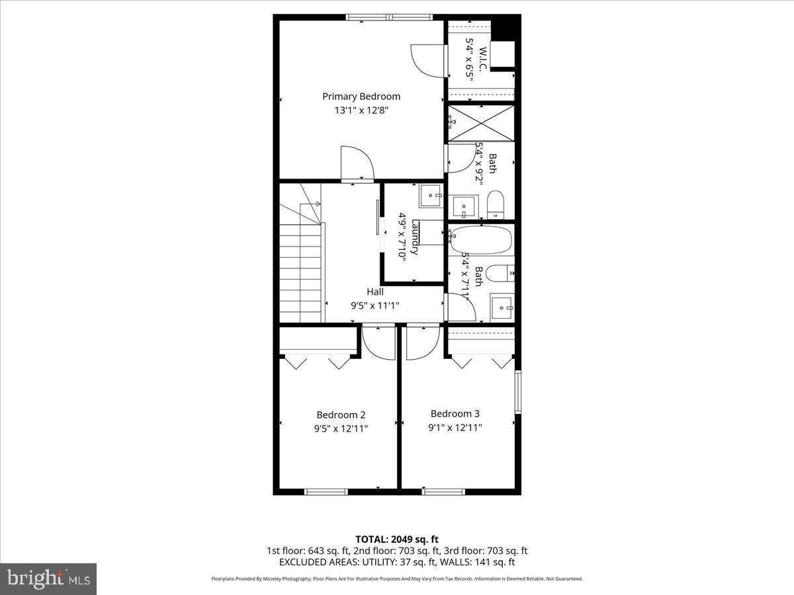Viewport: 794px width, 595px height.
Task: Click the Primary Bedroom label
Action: coord(361,97)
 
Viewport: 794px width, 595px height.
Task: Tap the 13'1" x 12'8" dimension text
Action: coord(361,111)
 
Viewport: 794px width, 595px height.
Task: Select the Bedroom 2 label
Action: coord(341,415)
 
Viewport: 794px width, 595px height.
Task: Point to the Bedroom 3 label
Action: coord(455,414)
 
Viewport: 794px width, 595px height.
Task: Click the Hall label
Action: coord(375,292)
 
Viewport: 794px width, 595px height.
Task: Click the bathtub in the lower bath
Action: coord(481,241)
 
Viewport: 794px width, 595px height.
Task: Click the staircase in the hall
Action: coord(301,271)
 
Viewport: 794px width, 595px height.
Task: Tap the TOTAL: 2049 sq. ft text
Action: coord(397,539)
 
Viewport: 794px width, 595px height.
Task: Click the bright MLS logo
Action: coord(48,579)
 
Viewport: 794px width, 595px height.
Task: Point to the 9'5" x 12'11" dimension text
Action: coord(341,428)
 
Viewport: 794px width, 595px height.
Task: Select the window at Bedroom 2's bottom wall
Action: coord(326,491)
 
